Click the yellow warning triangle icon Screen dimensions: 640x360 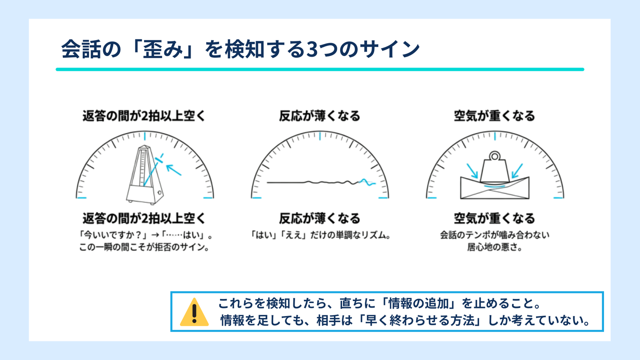tap(194, 312)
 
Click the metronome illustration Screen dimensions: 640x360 tap(145, 175)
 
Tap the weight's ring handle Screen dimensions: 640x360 tap(495, 156)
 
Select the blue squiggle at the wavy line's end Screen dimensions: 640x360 tap(367, 182)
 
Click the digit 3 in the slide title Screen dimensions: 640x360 tap(312, 49)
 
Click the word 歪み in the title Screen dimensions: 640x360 tap(163, 49)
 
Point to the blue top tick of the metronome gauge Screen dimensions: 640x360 tap(145, 136)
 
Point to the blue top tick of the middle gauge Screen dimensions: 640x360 tap(320, 136)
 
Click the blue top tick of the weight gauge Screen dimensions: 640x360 tap(495, 136)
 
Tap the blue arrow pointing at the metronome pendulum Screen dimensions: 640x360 tap(174, 170)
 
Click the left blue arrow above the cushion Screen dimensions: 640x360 tap(472, 171)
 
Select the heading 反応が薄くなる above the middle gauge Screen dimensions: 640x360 tap(320, 116)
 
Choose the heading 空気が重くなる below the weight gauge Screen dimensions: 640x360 tap(495, 219)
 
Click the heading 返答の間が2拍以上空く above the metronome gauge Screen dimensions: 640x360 tap(144, 116)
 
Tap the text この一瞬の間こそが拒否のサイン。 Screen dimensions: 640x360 tap(144, 247)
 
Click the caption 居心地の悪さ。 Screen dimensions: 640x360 tap(495, 247)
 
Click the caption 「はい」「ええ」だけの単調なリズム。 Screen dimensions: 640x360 tap(320, 235)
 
